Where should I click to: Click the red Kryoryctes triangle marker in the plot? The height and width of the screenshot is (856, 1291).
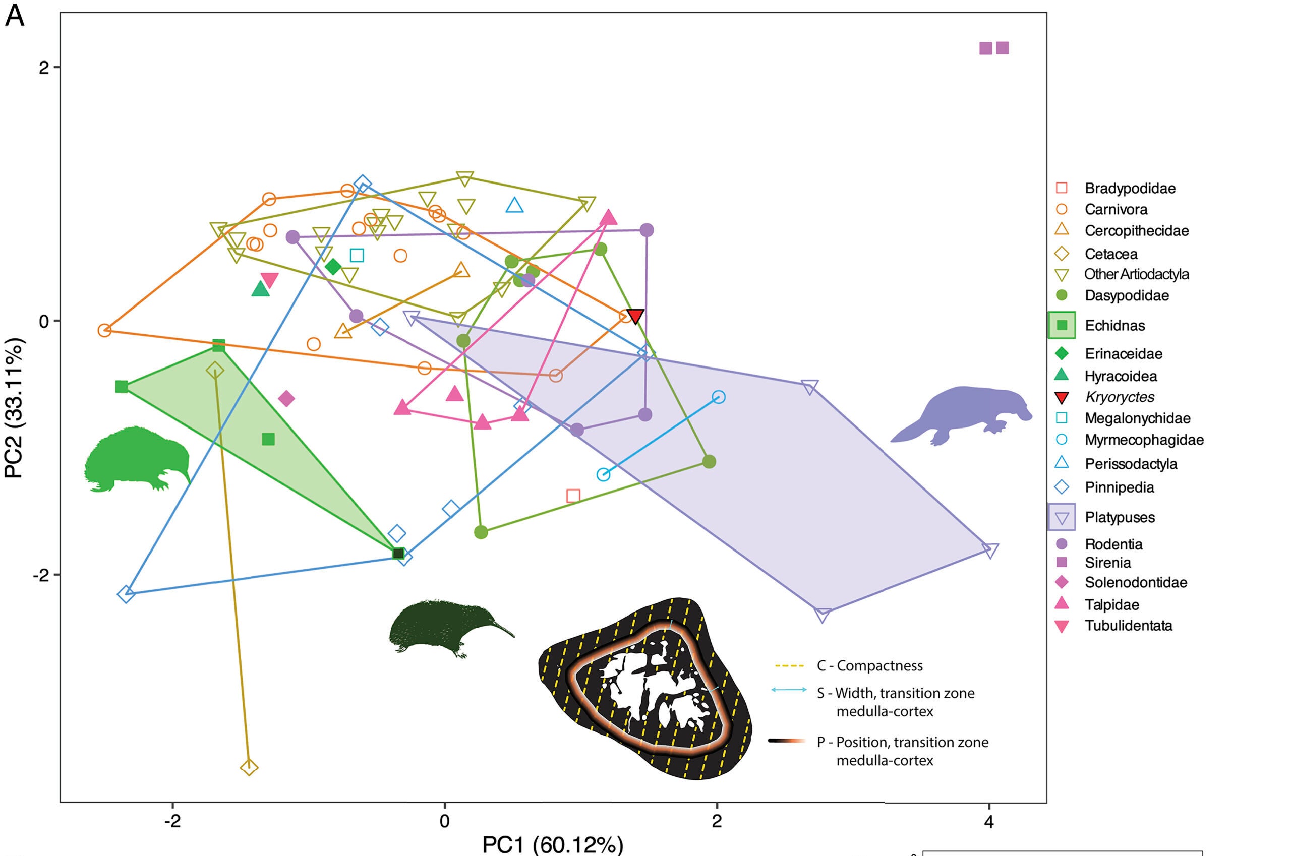point(635,316)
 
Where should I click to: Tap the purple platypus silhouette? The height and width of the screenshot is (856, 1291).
point(961,415)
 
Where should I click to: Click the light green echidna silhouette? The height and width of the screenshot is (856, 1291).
point(137,459)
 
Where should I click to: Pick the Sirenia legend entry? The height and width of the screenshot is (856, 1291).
point(1107,562)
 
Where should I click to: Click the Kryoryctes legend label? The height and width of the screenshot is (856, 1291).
point(1120,397)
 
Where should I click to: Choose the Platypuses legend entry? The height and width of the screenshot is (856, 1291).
point(1120,517)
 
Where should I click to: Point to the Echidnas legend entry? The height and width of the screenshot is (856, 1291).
point(1114,325)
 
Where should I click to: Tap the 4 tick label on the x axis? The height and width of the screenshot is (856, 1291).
point(988,821)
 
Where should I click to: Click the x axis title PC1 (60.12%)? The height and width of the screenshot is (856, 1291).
point(552,844)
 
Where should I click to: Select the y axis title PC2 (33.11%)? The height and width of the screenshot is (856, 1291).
point(14,408)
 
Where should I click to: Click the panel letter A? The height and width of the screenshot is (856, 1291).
point(15,16)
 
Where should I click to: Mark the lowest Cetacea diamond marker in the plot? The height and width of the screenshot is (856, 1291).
point(249,768)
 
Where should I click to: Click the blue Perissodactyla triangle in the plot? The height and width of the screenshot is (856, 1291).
point(514,206)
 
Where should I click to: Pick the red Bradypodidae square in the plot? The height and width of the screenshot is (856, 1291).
point(573,496)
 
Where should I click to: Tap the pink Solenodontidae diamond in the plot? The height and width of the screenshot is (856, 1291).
point(286,399)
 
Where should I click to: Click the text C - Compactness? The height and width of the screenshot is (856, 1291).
point(869,665)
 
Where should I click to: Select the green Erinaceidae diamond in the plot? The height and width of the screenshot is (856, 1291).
point(333,267)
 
